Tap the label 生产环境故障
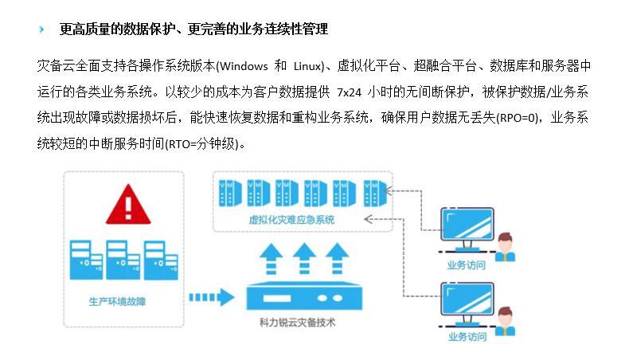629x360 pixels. pyautogui.click(x=122, y=303)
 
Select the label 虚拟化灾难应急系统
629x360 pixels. pyautogui.click(x=292, y=219)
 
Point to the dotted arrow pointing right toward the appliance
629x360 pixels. pyautogui.click(x=211, y=299)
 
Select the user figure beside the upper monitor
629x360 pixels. pyautogui.click(x=505, y=248)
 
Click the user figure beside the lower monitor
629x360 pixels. pyautogui.click(x=505, y=323)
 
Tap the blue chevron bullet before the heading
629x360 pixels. pyautogui.click(x=41, y=30)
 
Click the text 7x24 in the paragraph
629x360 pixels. pyautogui.click(x=350, y=92)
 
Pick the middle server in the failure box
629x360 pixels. pyautogui.click(x=121, y=259)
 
